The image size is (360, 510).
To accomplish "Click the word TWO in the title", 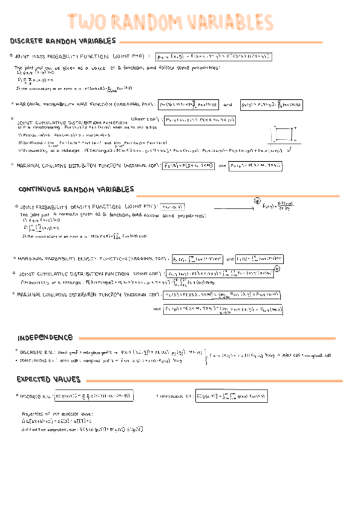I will (x=91, y=22).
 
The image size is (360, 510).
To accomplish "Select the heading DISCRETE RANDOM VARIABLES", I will (x=63, y=41).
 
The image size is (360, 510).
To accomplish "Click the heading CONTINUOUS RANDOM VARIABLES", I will (x=76, y=189).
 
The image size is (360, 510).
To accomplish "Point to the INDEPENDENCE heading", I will (x=46, y=337).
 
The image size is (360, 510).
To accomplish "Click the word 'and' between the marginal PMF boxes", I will (x=227, y=104).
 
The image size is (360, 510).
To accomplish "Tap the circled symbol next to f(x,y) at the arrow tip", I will (x=257, y=201).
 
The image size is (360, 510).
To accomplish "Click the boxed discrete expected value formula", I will (x=94, y=396).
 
